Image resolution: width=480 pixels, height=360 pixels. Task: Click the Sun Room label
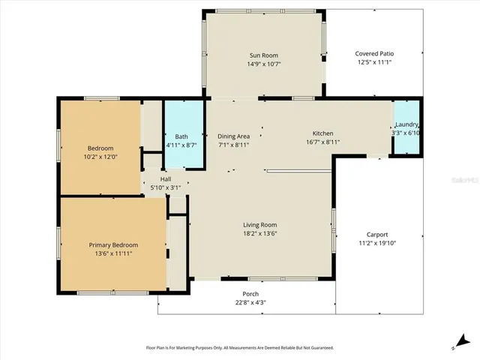pyautogui.click(x=263, y=55)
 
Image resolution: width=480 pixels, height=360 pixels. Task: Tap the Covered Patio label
pyautogui.click(x=375, y=54)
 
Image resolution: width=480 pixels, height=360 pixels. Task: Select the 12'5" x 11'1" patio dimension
pyautogui.click(x=375, y=62)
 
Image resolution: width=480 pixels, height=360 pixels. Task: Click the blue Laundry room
pyautogui.click(x=406, y=129)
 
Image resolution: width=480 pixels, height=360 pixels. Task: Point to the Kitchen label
pyautogui.click(x=323, y=133)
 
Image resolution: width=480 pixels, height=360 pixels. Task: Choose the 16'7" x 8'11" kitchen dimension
pyautogui.click(x=323, y=142)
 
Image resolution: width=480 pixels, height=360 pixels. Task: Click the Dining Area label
pyautogui.click(x=233, y=136)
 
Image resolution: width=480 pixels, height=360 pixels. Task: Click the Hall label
pyautogui.click(x=165, y=179)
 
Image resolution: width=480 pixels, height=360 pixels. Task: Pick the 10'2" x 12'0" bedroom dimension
pyautogui.click(x=100, y=157)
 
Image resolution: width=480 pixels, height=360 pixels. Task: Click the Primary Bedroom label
pyautogui.click(x=114, y=245)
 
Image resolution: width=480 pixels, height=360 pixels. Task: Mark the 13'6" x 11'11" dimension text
pyautogui.click(x=114, y=254)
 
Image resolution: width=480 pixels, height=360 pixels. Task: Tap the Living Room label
pyautogui.click(x=259, y=225)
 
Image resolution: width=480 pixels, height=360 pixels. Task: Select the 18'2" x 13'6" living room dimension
pyautogui.click(x=259, y=233)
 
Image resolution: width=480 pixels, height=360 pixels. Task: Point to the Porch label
pyautogui.click(x=250, y=294)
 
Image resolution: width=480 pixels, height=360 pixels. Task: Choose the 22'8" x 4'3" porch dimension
pyautogui.click(x=250, y=302)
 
